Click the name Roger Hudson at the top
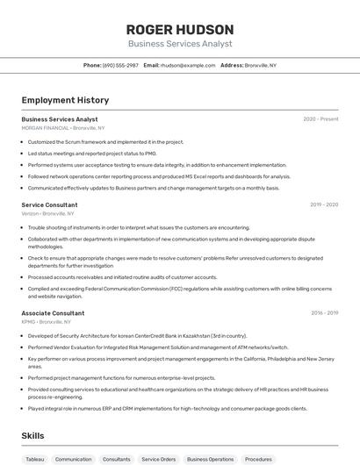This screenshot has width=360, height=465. [179, 29]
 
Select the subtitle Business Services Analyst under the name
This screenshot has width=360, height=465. [179, 43]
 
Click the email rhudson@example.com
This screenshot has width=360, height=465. [187, 65]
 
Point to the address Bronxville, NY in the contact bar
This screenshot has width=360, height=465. [260, 65]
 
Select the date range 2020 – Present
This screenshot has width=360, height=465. [320, 119]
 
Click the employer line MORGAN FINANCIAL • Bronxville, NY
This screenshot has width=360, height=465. [62, 128]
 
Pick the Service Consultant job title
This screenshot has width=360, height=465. [49, 204]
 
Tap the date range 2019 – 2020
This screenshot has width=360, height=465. [324, 204]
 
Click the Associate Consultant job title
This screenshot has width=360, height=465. [53, 313]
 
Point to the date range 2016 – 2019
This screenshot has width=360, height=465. [324, 313]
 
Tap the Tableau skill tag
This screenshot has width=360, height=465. [34, 459]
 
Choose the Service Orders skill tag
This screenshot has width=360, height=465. [159, 459]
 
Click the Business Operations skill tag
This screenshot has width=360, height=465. [210, 459]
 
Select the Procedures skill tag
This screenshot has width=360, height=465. [258, 459]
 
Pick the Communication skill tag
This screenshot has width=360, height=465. [73, 459]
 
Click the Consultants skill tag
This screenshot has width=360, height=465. [116, 459]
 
